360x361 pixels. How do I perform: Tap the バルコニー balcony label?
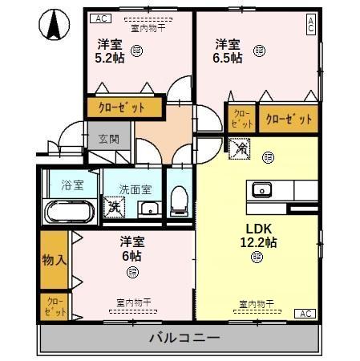pos(184,338)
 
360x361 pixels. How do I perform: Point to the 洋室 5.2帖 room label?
pos(111,51)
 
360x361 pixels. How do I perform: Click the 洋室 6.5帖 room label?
pos(229,51)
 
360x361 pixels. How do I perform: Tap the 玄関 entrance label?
pos(108,138)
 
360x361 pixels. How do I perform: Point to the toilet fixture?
pos(180,197)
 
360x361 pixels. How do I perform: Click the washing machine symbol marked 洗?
pos(114,205)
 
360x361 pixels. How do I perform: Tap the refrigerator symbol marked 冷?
pos(240,148)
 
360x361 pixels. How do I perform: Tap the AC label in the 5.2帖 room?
pos(100,18)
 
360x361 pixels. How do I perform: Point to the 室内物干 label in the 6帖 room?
pos(133,302)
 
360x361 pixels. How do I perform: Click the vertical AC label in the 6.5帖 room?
pos(310,25)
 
